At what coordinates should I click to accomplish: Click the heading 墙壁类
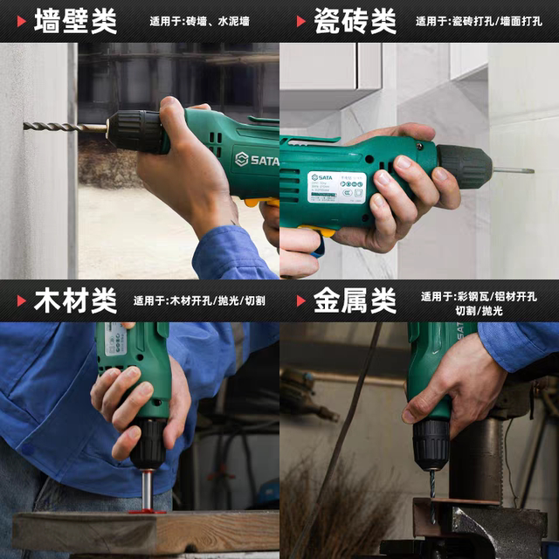[75, 21]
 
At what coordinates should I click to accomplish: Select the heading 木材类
[75, 301]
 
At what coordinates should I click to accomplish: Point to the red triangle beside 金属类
[300, 301]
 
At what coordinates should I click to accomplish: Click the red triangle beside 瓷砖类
[300, 21]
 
